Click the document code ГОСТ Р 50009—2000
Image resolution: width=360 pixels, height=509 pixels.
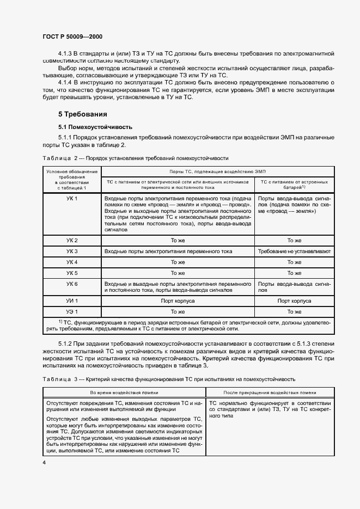click(72, 36)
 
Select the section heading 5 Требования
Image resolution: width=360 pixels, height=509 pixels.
click(83, 114)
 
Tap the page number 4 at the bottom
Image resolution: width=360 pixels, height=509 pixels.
click(44, 462)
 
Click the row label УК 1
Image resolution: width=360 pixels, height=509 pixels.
click(72, 199)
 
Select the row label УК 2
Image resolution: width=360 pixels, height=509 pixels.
click(72, 240)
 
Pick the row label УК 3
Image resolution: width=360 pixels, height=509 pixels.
click(72, 251)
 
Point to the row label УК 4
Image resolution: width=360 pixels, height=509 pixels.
click(72, 262)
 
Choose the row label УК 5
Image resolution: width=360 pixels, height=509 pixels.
click(72, 273)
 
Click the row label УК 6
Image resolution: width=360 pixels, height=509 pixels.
click(72, 284)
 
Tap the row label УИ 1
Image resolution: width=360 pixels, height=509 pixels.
click(72, 301)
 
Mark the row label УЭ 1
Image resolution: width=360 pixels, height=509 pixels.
click(72, 311)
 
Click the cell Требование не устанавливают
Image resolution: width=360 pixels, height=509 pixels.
click(294, 251)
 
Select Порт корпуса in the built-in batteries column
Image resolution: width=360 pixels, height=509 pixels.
click(294, 301)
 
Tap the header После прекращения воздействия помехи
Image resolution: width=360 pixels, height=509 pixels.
click(270, 392)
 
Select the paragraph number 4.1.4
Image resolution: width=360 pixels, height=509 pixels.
click(68, 82)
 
